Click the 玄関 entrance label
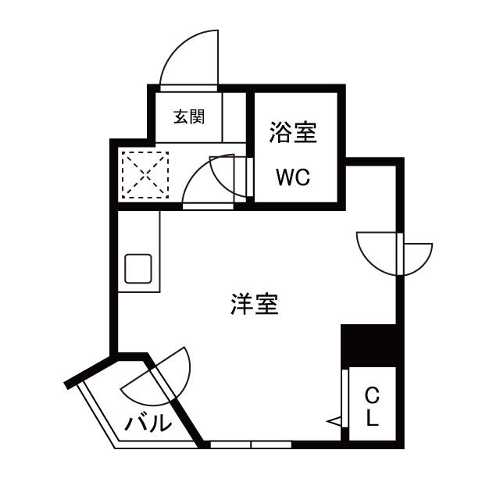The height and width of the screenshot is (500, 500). click(188, 117)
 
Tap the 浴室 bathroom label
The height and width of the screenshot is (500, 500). click(293, 132)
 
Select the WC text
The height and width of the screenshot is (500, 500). click(293, 177)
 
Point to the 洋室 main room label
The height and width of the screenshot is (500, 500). click(255, 304)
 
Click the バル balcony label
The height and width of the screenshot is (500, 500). click(148, 424)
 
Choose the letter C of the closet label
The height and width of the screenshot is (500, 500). click(372, 396)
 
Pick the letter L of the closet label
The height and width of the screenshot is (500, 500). click(373, 420)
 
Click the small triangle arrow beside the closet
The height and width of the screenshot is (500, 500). click(334, 422)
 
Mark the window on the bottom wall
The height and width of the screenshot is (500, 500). click(250, 445)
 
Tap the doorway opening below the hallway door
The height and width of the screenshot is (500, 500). click(208, 205)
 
